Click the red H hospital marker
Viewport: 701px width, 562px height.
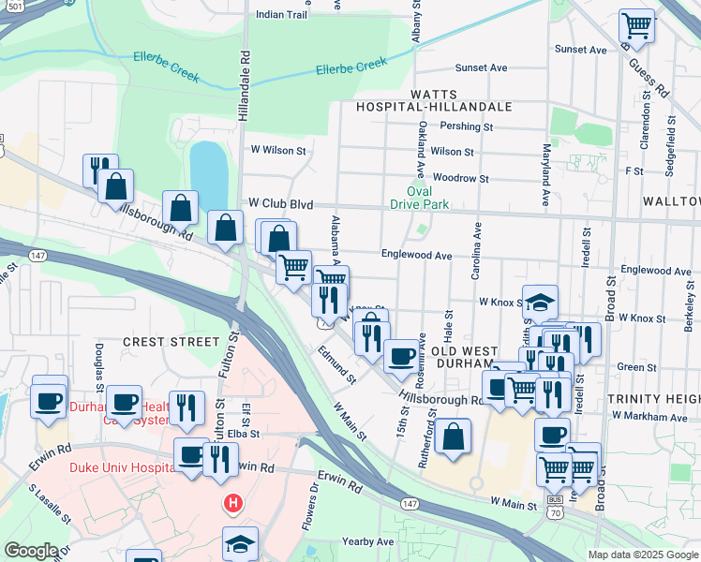point(232,505)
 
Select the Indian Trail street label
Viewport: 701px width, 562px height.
point(281,15)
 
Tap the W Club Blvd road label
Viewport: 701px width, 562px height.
point(279,202)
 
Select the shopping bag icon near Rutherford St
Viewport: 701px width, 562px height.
point(453,436)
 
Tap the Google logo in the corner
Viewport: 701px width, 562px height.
point(31,551)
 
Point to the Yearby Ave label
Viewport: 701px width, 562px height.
point(368,541)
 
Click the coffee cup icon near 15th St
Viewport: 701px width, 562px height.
point(401,356)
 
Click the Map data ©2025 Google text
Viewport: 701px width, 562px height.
point(643,555)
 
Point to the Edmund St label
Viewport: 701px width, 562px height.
point(336,365)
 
